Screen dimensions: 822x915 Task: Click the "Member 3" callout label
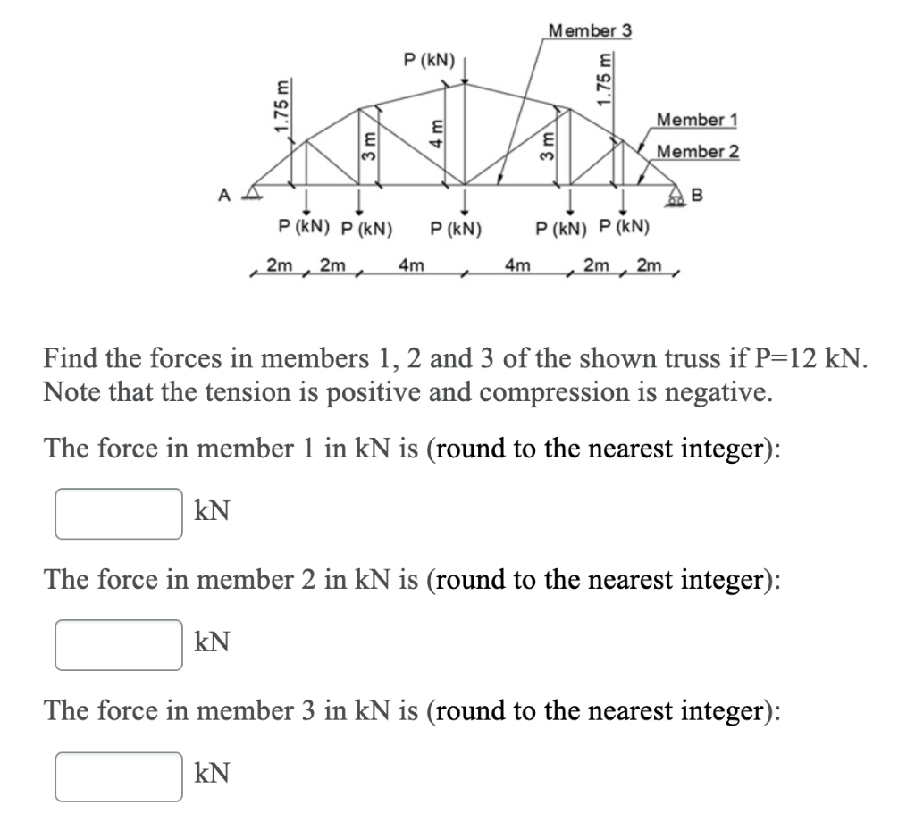click(x=590, y=30)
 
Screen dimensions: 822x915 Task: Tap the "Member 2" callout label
click(x=697, y=151)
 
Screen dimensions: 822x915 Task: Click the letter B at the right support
click(x=698, y=194)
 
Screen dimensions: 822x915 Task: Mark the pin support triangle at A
click(x=255, y=189)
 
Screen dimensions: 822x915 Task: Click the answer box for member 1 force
click(x=119, y=514)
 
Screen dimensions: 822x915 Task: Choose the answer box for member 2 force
click(x=119, y=645)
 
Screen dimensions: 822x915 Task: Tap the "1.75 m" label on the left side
click(x=282, y=107)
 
